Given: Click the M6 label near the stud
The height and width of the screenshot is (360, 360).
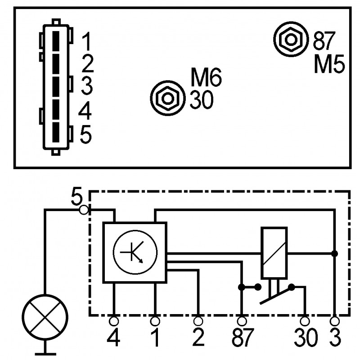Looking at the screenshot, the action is click(x=206, y=77).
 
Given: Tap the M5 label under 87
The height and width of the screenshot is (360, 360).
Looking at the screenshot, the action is click(x=329, y=63).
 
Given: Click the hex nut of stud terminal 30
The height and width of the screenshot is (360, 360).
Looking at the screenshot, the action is click(x=167, y=98).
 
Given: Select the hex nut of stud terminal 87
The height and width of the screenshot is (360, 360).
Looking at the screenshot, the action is click(x=291, y=40).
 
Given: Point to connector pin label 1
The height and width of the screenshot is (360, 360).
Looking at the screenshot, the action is click(x=86, y=41).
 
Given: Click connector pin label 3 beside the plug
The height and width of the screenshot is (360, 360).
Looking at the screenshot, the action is click(x=87, y=86).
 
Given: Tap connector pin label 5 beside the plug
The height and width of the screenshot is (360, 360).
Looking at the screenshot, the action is click(x=86, y=135).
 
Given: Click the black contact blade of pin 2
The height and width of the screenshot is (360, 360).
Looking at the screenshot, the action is click(x=56, y=64).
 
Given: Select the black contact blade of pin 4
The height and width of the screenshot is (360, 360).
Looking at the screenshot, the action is click(x=56, y=109).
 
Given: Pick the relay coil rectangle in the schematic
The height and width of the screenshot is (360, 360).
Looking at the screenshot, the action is click(x=274, y=253).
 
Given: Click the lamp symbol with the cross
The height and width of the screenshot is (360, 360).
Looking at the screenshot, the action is click(x=45, y=317).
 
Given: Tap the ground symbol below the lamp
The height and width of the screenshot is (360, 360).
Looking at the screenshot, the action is click(x=45, y=350).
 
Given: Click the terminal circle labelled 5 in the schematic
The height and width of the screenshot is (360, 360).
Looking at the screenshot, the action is click(x=84, y=210).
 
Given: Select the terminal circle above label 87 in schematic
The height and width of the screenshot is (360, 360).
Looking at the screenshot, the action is click(x=242, y=321).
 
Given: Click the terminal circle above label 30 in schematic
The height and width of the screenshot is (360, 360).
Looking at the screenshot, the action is click(x=305, y=321).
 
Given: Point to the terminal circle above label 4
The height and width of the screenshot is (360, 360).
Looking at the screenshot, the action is click(x=114, y=321).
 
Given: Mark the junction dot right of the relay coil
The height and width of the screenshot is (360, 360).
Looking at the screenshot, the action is click(x=334, y=254).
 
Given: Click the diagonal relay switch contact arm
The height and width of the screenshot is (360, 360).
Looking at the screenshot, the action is click(x=276, y=296).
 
